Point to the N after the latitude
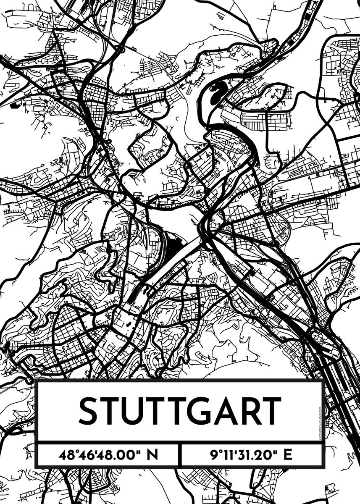click(x=153, y=455)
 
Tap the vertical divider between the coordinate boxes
click(x=180, y=455)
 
